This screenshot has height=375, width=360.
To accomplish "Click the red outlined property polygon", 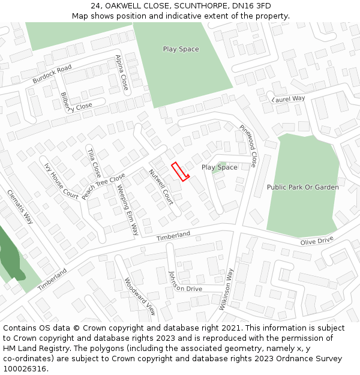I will [180, 172].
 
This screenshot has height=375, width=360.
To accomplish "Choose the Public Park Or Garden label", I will [302, 187].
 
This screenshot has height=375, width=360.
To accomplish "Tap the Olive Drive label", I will [317, 241].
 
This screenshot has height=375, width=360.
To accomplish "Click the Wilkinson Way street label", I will [226, 289].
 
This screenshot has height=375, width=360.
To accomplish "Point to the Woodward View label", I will [140, 296].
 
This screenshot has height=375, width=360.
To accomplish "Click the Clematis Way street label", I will [19, 206].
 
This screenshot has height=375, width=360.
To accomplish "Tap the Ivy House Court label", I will [61, 181].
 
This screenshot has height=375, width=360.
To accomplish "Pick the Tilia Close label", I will [94, 160].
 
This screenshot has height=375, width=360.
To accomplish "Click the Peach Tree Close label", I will [104, 187].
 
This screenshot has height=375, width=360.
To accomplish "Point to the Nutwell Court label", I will [161, 187].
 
